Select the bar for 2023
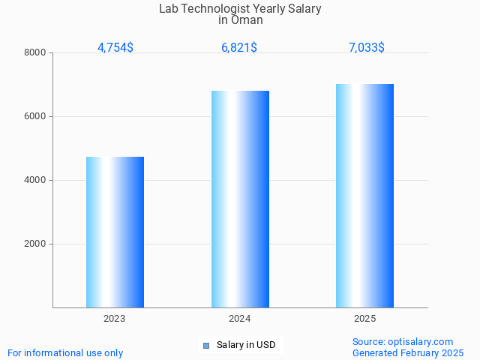tap(115, 232)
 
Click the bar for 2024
tap(240, 199)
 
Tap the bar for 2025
tap(364, 196)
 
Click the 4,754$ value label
tap(115, 47)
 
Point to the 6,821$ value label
tap(239, 47)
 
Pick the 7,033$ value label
tap(366, 47)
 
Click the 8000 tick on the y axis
tap(35, 52)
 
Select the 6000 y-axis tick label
tap(35, 116)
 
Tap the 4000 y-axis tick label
tap(35, 180)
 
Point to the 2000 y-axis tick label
tap(35, 244)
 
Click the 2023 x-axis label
tap(115, 319)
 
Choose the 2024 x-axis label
tap(240, 319)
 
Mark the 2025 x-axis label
tap(364, 319)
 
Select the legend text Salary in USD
tap(246, 345)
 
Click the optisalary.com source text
tap(403, 341)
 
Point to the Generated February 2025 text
tap(408, 352)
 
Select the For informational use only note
tap(65, 352)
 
